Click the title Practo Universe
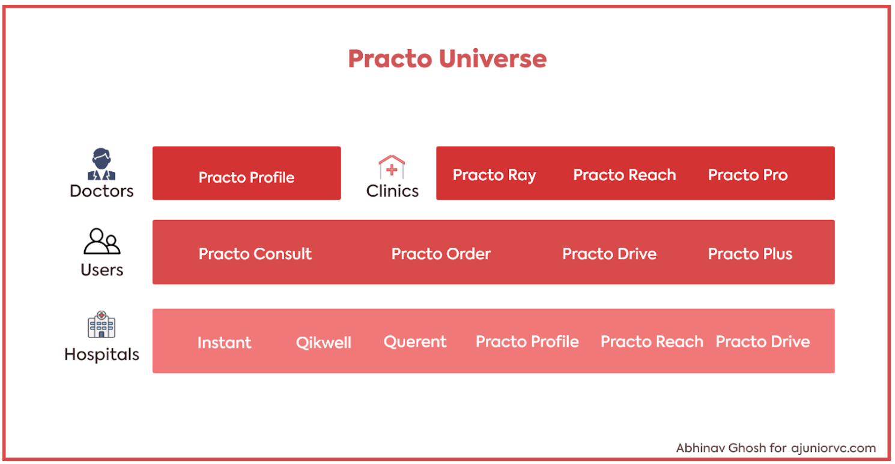coord(447,59)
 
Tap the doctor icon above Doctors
coord(102,164)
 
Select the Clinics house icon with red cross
coord(392,167)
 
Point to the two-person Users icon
coord(102,241)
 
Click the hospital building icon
coord(102,324)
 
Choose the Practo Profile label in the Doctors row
coord(246,177)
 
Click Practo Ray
coord(494,175)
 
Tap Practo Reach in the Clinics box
coord(625,175)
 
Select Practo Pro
coord(748,175)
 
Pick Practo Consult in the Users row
coord(255,254)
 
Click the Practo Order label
coord(441,254)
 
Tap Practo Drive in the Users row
coord(609,254)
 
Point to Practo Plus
coord(750,254)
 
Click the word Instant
coord(225,343)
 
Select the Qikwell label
coord(324,343)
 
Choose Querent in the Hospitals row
coord(415,342)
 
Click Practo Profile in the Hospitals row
coord(527,341)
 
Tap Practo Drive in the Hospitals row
coord(763,341)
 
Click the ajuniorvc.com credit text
coord(834,448)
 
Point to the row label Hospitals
coord(102,355)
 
